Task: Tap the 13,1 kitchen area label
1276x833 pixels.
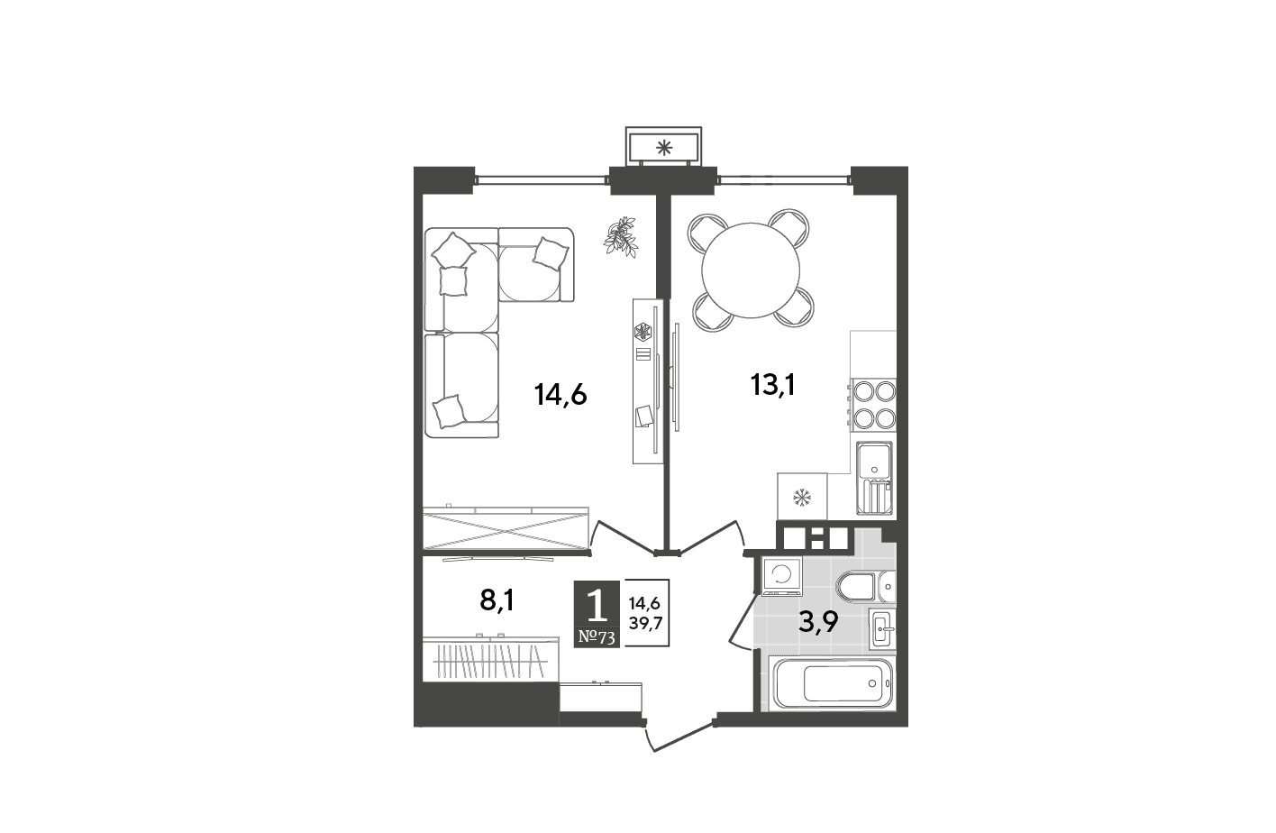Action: (773, 385)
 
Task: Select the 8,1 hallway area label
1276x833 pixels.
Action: (497, 600)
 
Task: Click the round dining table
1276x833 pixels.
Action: (751, 270)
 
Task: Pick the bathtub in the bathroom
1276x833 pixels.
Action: (832, 683)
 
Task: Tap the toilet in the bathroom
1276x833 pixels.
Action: (865, 587)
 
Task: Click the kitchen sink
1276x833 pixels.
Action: (874, 478)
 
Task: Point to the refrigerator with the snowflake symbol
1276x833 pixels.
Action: (802, 496)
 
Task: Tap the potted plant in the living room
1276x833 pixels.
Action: (621, 236)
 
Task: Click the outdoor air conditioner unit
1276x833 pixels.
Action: (663, 147)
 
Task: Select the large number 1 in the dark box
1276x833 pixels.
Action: (597, 605)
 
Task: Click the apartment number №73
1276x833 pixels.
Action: (597, 637)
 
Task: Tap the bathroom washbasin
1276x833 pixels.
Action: (882, 627)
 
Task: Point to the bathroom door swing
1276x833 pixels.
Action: (743, 622)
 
